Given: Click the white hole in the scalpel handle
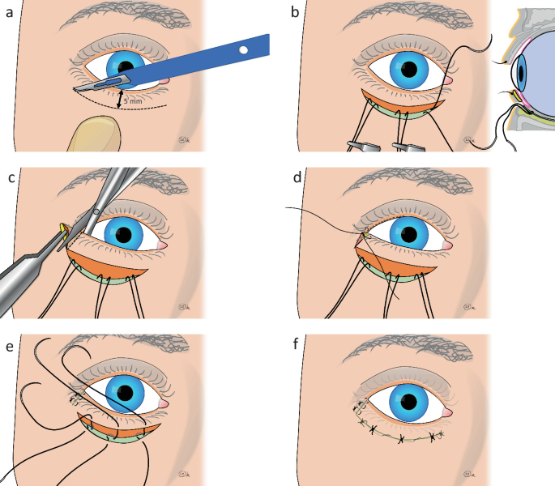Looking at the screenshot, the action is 244,51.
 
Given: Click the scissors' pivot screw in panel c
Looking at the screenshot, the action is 96,212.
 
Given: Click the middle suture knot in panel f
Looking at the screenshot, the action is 402,440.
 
